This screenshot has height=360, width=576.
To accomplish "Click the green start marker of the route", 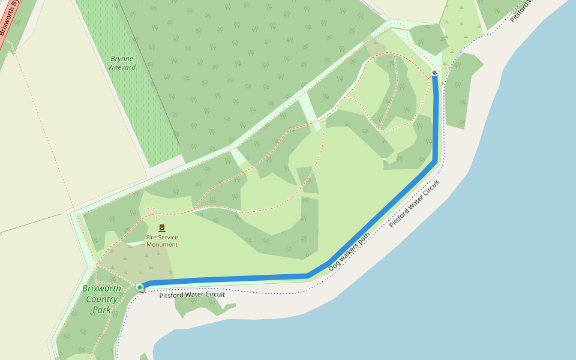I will (x=140, y=288).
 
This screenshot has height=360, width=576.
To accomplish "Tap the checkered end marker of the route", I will (x=434, y=73).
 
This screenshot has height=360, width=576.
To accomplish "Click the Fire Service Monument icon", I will (x=162, y=228).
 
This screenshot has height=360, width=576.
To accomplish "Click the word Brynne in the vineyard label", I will (x=122, y=59).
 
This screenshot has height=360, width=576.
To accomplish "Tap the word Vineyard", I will (x=122, y=67).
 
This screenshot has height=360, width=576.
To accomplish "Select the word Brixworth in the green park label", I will (x=101, y=289).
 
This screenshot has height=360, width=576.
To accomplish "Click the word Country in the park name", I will (x=101, y=299).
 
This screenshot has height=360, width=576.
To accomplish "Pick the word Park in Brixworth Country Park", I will (x=101, y=310).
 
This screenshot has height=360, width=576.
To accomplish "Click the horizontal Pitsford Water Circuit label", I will (x=192, y=295).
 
